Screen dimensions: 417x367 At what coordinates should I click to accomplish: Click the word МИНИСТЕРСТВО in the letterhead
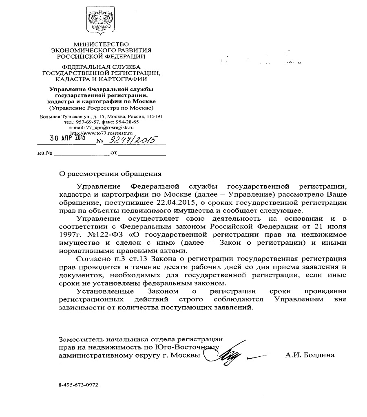coord(101,44)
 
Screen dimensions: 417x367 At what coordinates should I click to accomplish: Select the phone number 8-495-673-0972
coord(78,384)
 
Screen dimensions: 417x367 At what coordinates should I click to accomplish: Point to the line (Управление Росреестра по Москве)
coord(101,108)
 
